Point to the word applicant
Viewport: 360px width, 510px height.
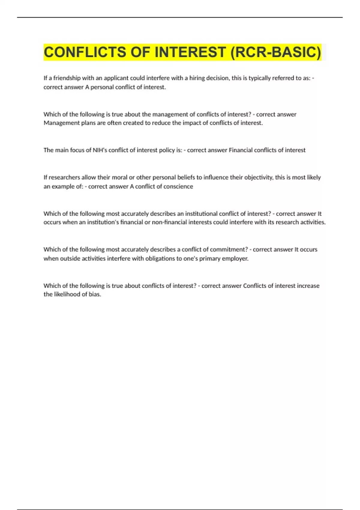point(116,78)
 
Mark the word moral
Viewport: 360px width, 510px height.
point(119,177)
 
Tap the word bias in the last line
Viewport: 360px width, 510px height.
point(94,294)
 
